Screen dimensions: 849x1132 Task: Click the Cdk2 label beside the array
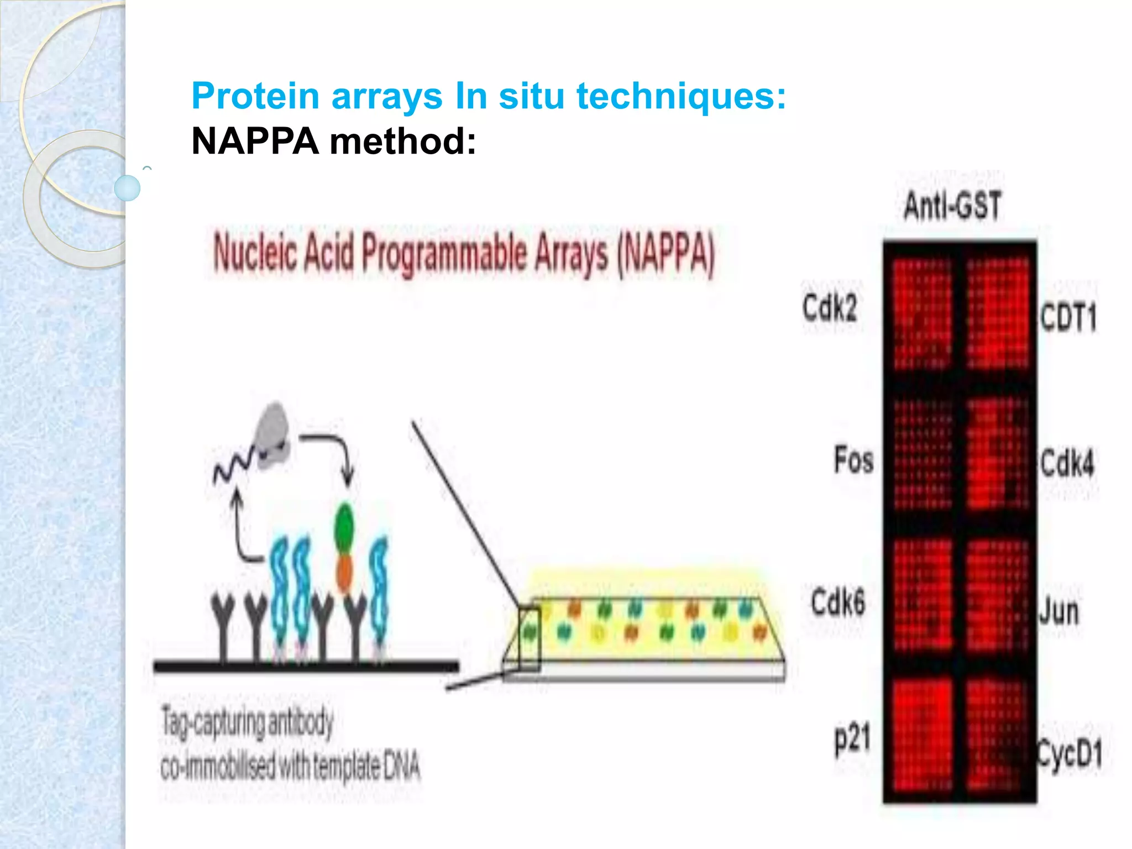click(x=830, y=308)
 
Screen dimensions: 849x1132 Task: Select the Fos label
click(x=853, y=460)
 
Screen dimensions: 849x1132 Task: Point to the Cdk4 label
click(x=1067, y=463)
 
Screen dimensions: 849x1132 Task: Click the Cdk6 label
click(x=837, y=602)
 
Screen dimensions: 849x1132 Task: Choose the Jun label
click(x=1058, y=611)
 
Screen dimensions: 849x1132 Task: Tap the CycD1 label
click(x=1069, y=753)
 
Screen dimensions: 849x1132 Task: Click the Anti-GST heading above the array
click(x=952, y=206)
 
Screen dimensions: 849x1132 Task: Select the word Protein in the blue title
click(x=255, y=96)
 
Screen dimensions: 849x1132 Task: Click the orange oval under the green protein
click(x=344, y=572)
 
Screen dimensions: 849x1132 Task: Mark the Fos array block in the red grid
click(x=922, y=453)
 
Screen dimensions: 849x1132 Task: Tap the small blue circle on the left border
click(x=127, y=188)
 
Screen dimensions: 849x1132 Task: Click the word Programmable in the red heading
click(x=444, y=254)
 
